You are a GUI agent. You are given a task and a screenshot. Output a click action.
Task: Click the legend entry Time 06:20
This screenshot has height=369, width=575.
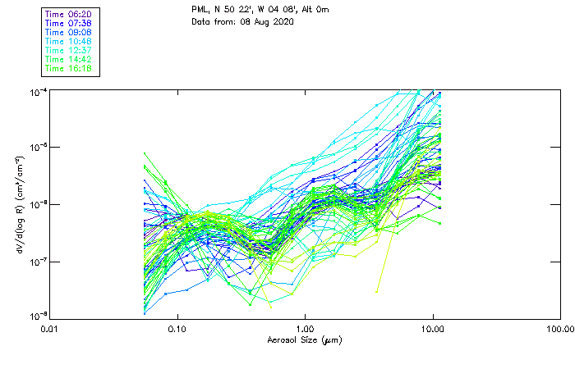click(x=69, y=14)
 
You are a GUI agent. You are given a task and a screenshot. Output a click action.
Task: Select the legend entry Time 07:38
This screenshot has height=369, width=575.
click(x=69, y=23)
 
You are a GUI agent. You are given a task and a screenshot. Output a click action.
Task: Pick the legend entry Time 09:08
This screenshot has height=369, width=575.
click(x=69, y=32)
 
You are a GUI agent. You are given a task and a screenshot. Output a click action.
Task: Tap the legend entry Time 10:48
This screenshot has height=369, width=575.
click(x=69, y=41)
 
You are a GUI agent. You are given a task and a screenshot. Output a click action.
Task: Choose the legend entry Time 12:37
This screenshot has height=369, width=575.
click(x=69, y=50)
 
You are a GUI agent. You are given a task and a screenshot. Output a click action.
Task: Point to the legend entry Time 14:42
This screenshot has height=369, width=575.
click(x=69, y=59)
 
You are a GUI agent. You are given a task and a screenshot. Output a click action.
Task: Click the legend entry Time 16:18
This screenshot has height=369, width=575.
click(x=69, y=68)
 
